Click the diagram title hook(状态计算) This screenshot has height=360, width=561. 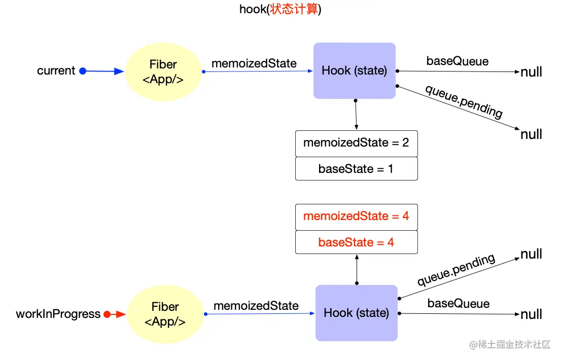click(x=281, y=10)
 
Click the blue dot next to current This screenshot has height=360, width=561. click(x=83, y=71)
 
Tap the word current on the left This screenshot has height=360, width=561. click(x=56, y=71)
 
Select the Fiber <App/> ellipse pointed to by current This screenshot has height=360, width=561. click(x=163, y=71)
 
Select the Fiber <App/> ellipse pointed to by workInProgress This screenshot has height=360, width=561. click(x=165, y=314)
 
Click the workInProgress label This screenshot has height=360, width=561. click(x=58, y=314)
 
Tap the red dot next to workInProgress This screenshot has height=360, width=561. click(x=107, y=314)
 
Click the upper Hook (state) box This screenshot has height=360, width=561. click(x=354, y=70)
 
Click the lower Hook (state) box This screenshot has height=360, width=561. click(x=356, y=313)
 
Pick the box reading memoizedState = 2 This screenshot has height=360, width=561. click(x=356, y=143)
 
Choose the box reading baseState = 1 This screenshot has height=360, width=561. click(x=356, y=169)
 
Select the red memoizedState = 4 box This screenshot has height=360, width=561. click(x=356, y=217)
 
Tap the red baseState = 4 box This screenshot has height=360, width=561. click(x=356, y=242)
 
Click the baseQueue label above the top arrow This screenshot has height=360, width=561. click(x=458, y=61)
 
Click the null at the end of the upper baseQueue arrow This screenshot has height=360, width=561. click(x=531, y=73)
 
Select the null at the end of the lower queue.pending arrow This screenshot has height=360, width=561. click(x=531, y=254)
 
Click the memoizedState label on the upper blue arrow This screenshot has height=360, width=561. click(x=254, y=63)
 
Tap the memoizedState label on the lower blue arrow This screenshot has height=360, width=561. click(x=256, y=306)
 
